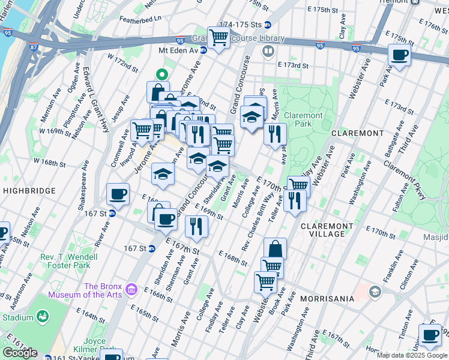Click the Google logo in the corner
pyautogui.click(x=20, y=353)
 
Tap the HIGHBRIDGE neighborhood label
pyautogui.click(x=28, y=190)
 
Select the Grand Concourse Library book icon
pyautogui.click(x=268, y=52)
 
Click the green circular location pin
pyautogui.click(x=161, y=75)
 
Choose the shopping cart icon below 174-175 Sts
pyautogui.click(x=218, y=38)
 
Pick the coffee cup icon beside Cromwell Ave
pyautogui.click(x=118, y=194)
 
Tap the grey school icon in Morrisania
pyautogui.click(x=375, y=292)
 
